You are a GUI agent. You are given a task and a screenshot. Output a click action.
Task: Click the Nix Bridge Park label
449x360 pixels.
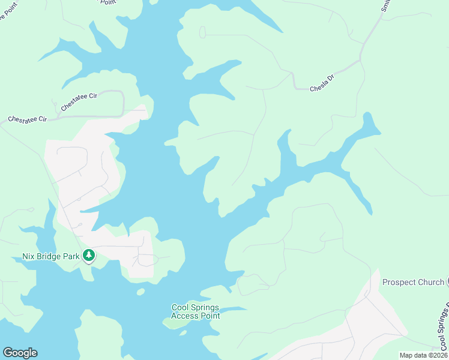(47, 256)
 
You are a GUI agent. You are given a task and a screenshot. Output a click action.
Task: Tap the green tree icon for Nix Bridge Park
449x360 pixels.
(89, 256)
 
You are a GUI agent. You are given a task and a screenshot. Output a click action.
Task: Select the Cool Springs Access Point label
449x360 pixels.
(196, 311)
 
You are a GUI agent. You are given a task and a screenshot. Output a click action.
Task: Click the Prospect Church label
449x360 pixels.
(414, 282)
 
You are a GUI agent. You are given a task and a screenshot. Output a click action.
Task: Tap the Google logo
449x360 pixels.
(20, 353)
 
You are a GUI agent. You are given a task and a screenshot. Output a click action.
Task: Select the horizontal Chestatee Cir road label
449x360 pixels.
(27, 119)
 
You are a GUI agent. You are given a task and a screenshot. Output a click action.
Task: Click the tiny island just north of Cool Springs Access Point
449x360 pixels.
(140, 292)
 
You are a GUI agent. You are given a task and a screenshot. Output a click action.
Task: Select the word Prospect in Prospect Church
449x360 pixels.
(399, 282)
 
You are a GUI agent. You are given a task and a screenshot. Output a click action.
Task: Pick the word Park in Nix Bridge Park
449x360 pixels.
(71, 256)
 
